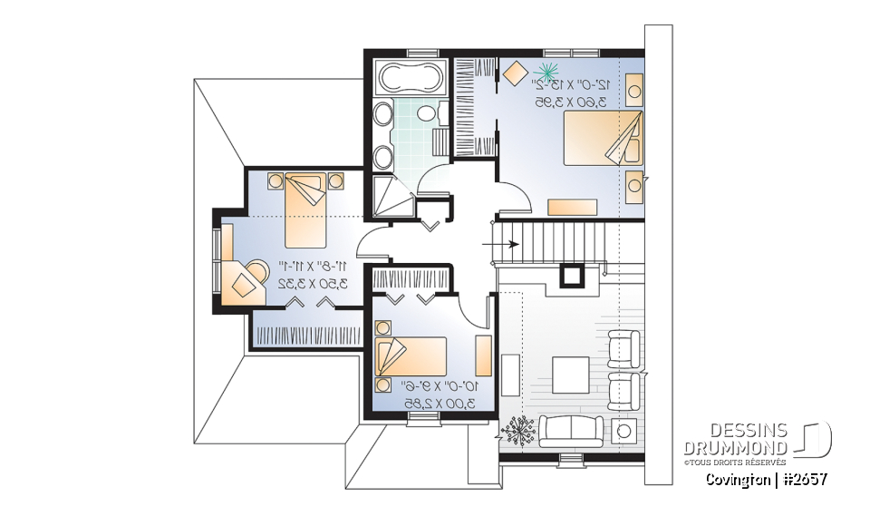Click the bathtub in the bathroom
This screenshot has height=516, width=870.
(408, 79)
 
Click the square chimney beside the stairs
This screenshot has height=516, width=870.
(573, 275)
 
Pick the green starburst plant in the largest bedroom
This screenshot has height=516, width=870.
(546, 70)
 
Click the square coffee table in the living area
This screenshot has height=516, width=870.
(570, 374)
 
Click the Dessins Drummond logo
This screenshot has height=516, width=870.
(757, 441)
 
